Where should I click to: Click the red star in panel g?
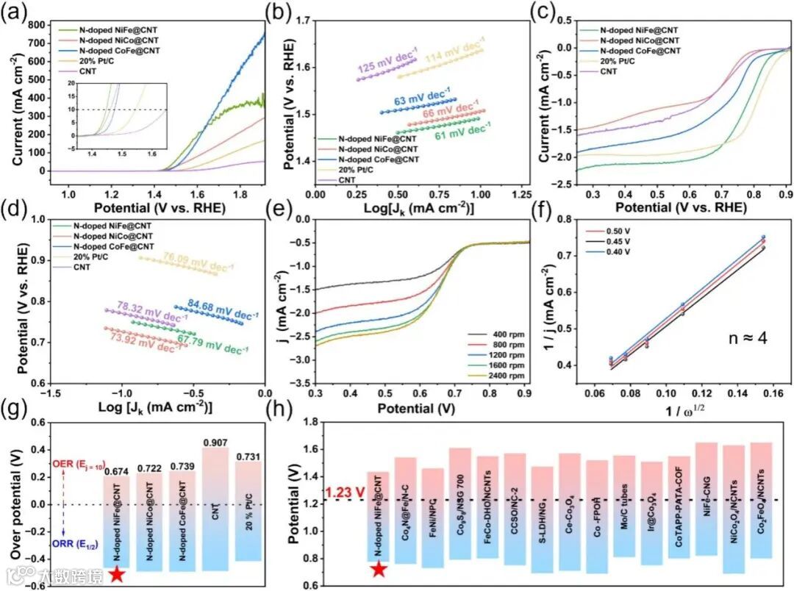[116, 573]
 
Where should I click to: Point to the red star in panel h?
[379, 568]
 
